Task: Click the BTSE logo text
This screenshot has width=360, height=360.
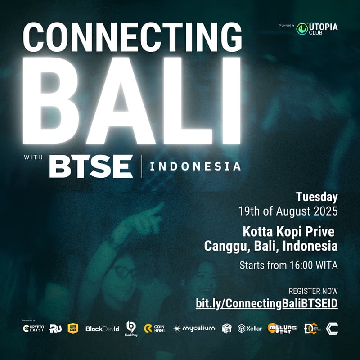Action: point(91,166)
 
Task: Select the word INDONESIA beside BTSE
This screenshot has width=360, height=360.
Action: point(195,166)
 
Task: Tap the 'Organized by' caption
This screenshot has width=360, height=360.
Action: point(287,25)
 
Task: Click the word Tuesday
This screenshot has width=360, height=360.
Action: point(317,197)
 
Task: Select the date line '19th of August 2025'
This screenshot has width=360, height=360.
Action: point(288,210)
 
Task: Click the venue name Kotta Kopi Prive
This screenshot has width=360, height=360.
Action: point(289,232)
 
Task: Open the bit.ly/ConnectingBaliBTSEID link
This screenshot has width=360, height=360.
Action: point(267,304)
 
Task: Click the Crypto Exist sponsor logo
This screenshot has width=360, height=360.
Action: point(33,328)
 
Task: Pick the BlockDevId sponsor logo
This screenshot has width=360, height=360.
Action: point(102,329)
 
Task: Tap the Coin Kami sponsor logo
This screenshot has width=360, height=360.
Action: point(154,329)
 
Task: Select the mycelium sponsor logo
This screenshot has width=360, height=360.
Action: point(194,328)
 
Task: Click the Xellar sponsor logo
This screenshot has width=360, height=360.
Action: point(250,328)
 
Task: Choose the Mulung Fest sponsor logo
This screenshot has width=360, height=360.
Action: point(282,328)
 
